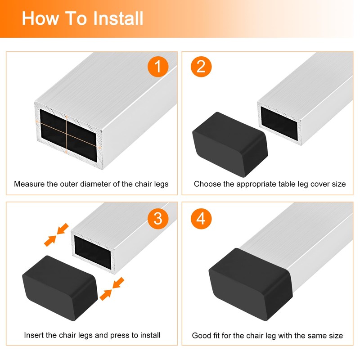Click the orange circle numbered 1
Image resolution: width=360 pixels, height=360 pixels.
tap(158, 67)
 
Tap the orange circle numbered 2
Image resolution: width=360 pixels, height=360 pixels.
tap(201, 67)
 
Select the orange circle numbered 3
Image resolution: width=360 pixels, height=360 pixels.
tap(158, 219)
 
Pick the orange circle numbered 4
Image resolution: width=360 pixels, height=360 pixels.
tap(201, 219)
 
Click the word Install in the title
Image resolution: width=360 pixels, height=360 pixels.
tap(118, 18)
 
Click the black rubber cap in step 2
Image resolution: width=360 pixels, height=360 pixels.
tap(230, 144)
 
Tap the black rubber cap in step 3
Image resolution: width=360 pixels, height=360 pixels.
tap(60, 288)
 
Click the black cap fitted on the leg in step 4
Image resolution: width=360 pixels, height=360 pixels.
tap(251, 284)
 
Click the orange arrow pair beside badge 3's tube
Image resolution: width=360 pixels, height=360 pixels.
tap(57, 234)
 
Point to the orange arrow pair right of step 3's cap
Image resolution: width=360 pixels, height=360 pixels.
tap(112, 289)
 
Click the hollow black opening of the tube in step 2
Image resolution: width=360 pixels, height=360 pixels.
tap(279, 123)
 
